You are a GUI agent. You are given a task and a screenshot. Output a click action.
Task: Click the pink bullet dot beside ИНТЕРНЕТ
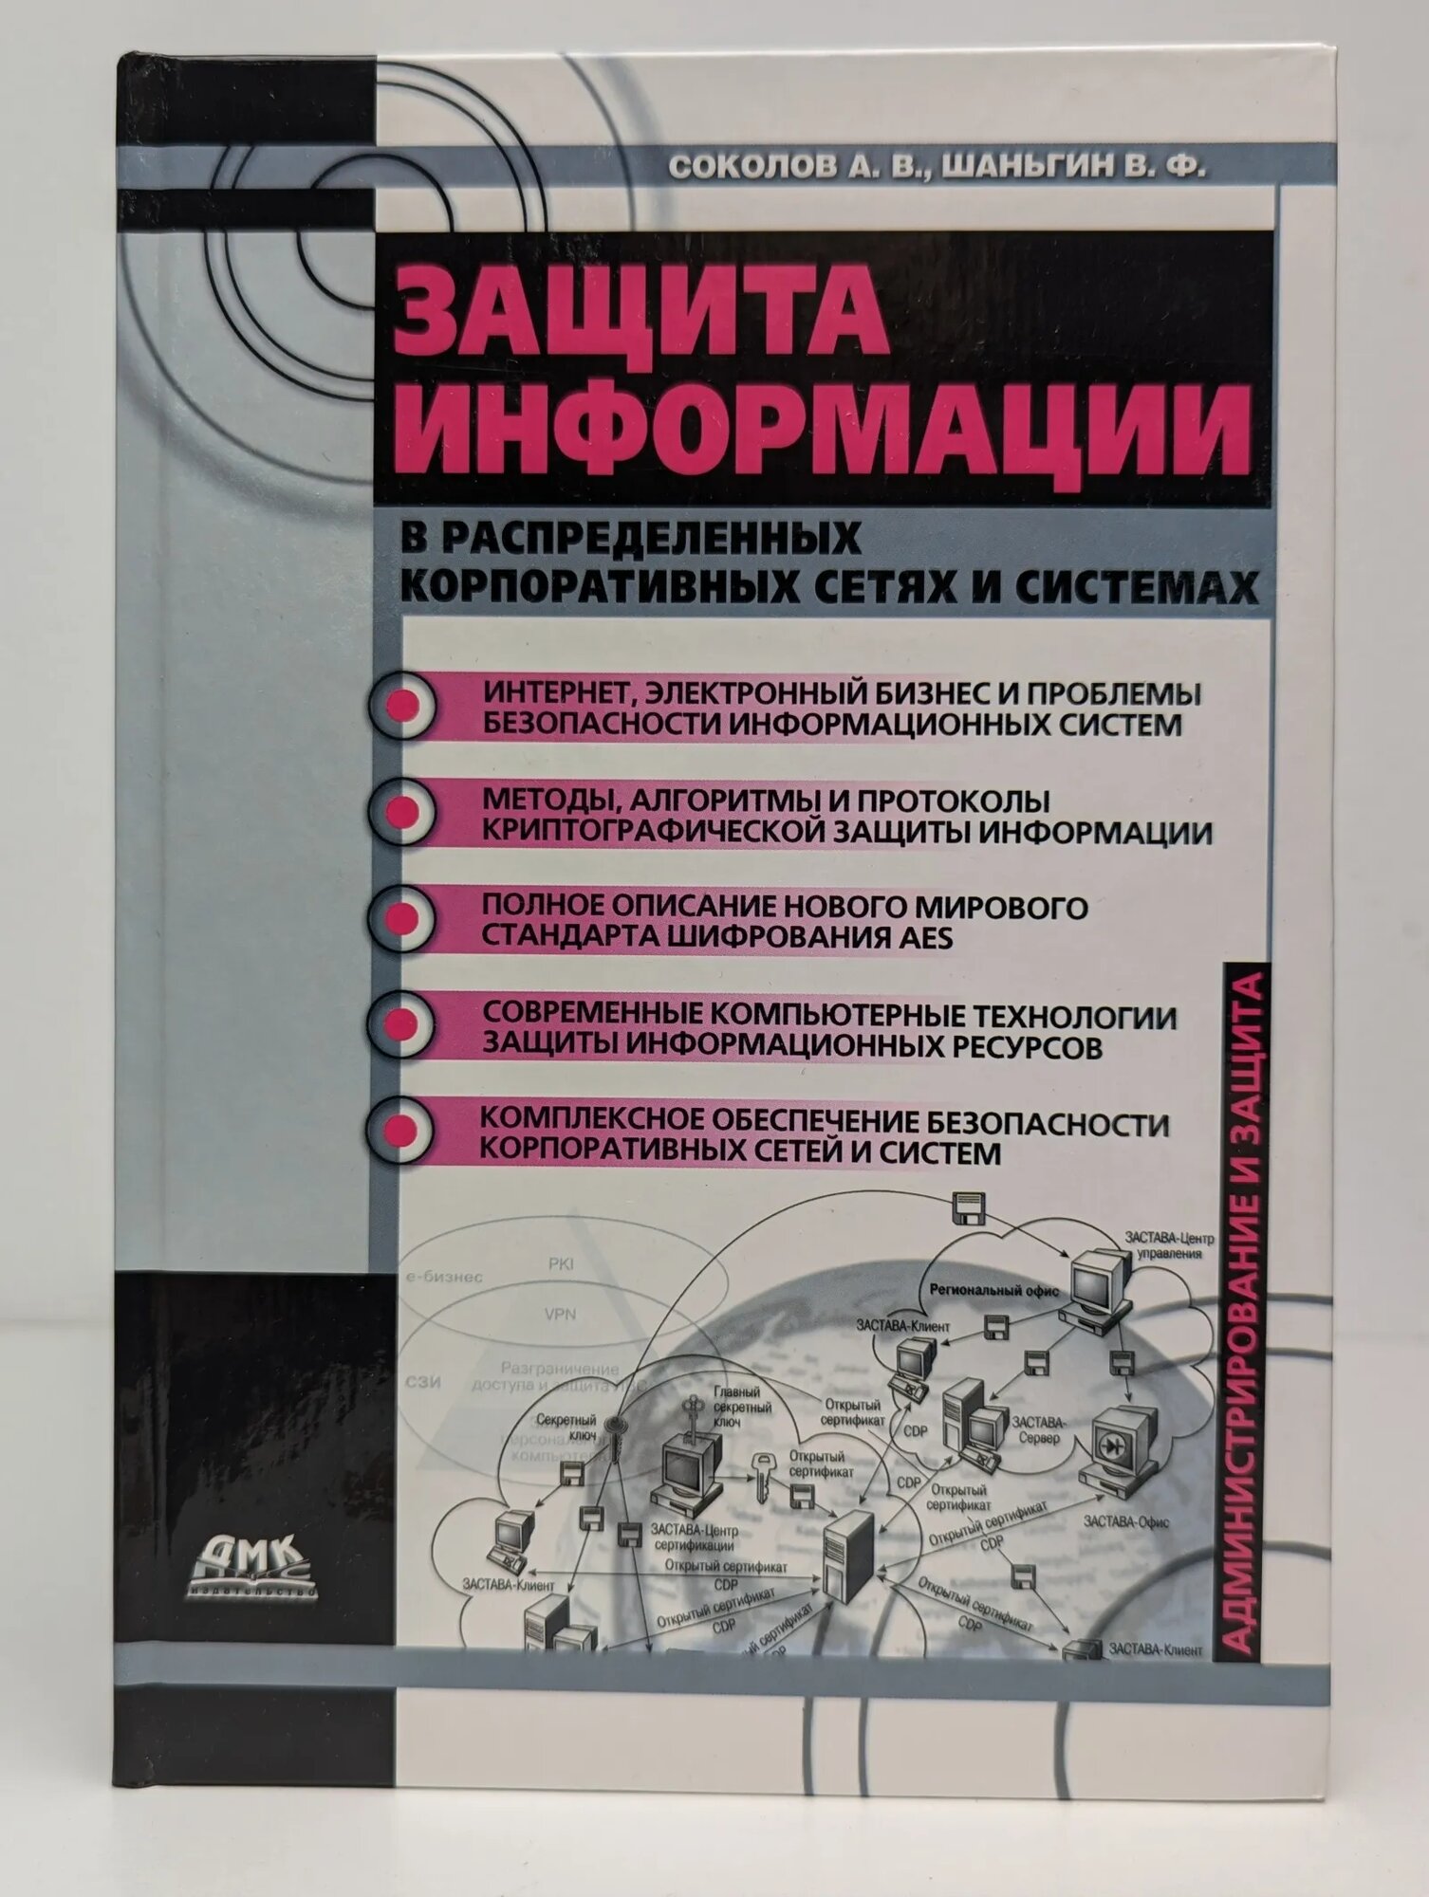pyautogui.click(x=402, y=707)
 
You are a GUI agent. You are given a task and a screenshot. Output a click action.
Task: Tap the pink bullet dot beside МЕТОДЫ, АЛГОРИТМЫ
pyautogui.click(x=402, y=813)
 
